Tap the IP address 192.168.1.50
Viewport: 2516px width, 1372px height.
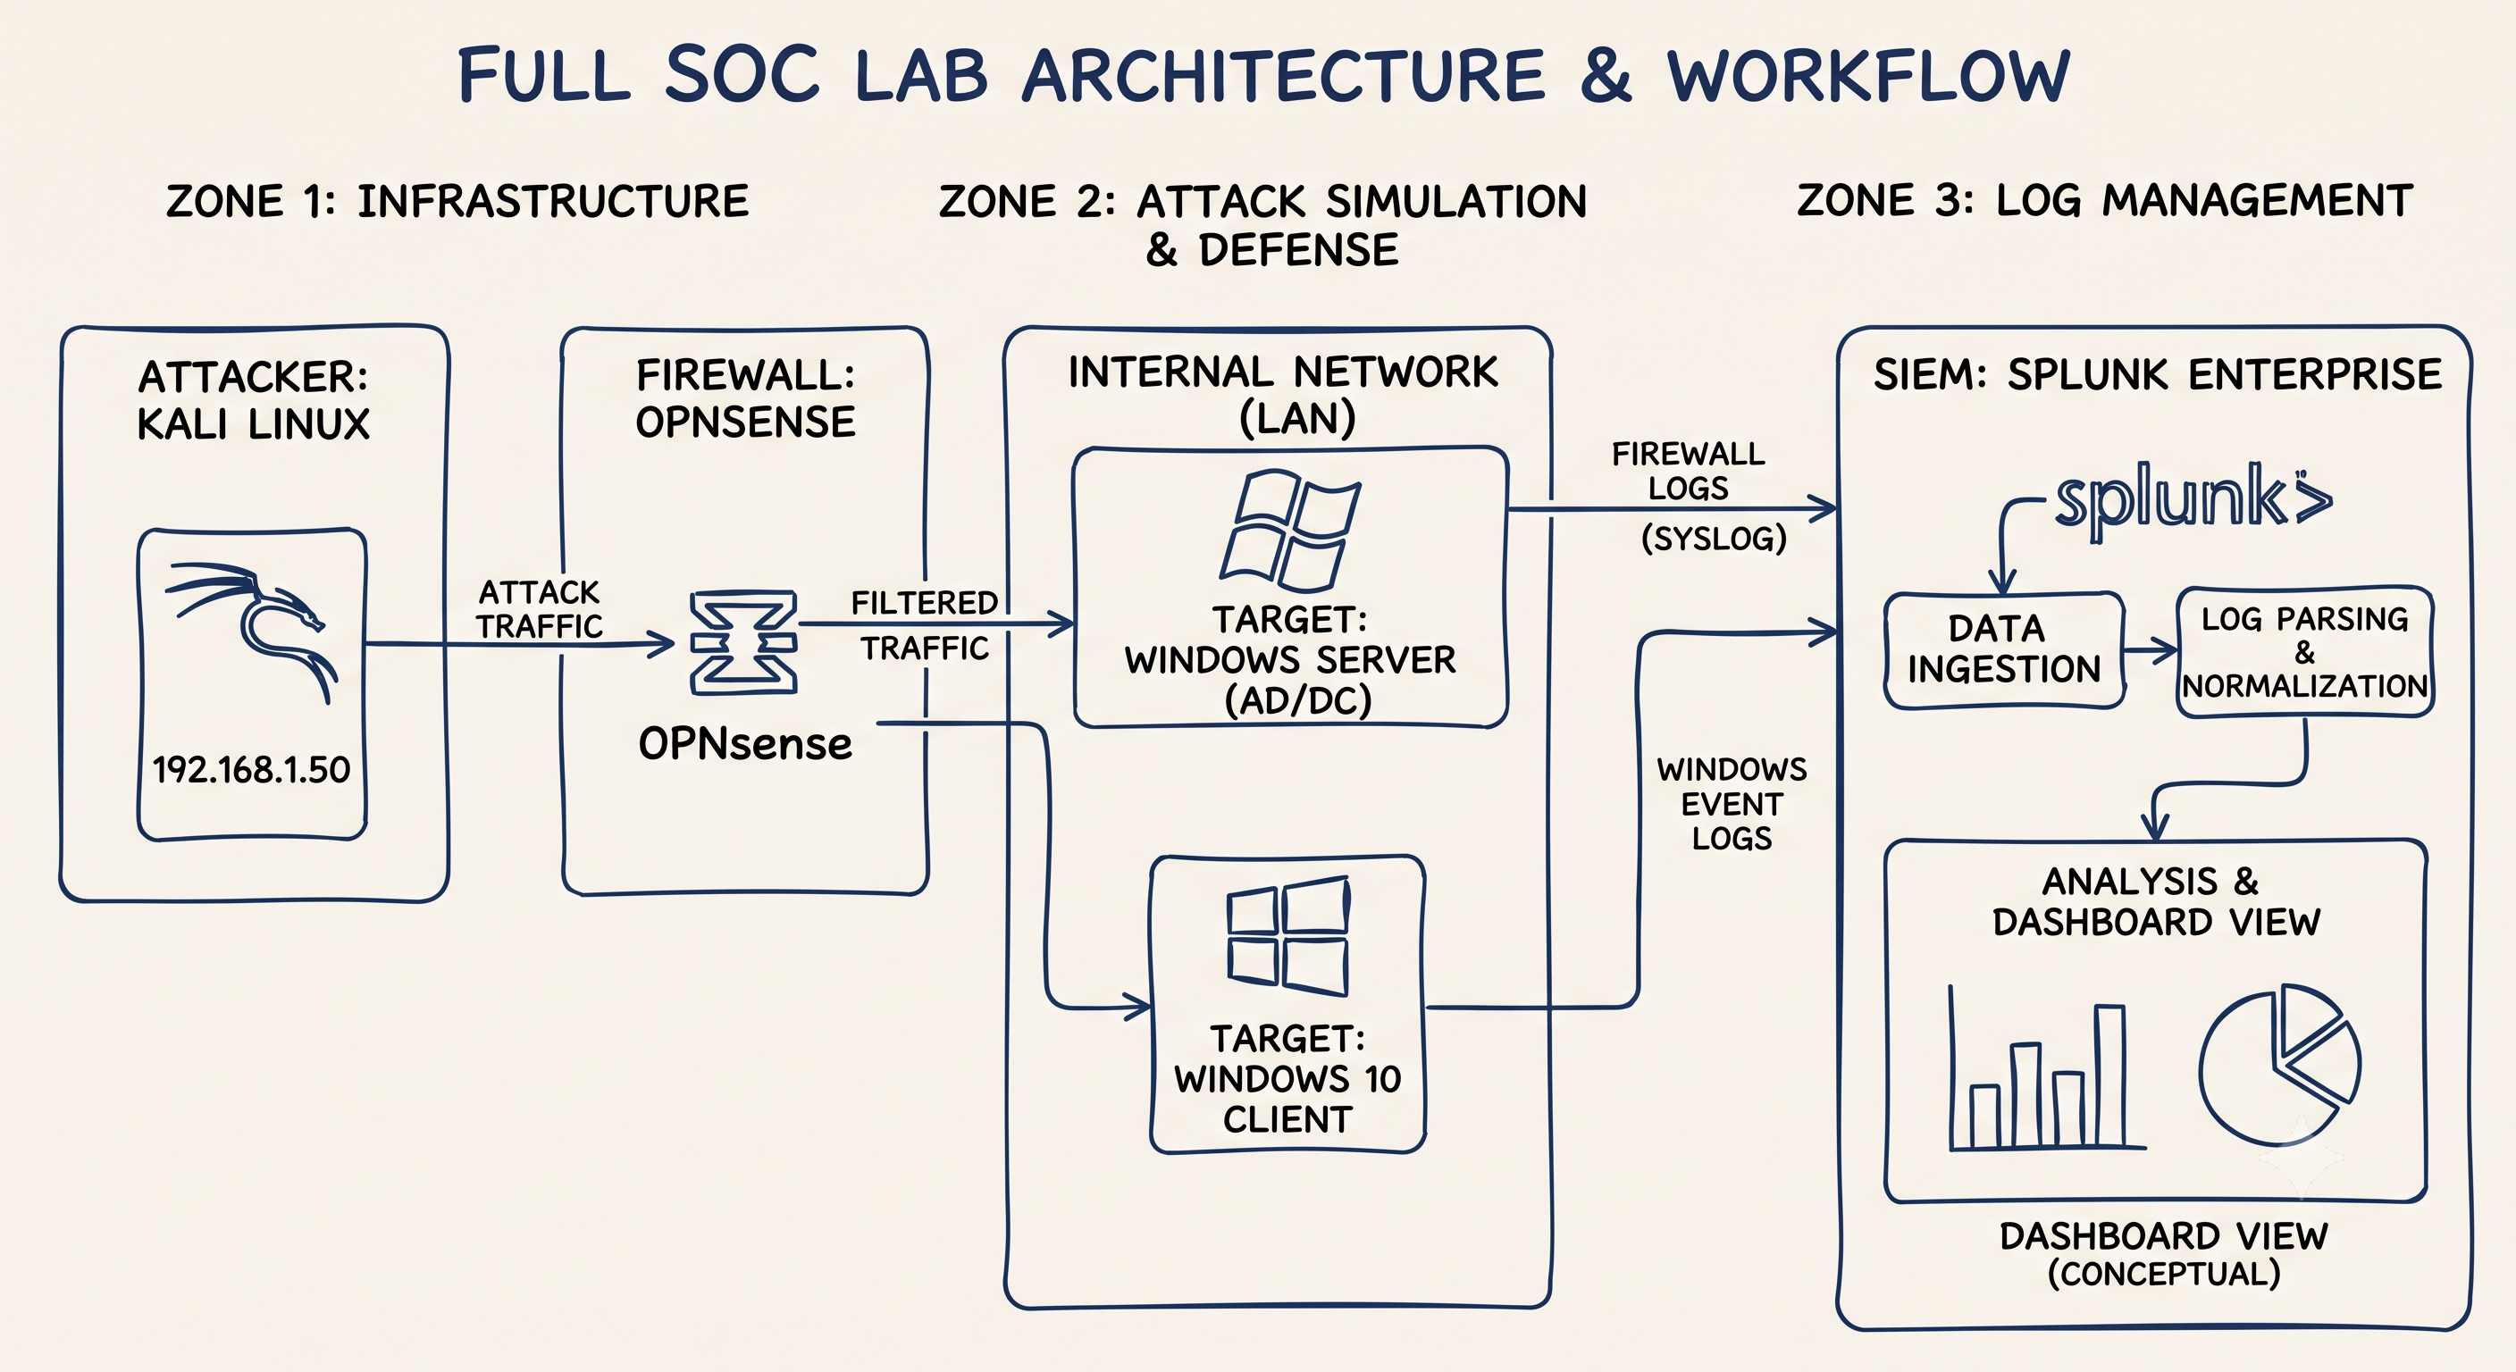251,769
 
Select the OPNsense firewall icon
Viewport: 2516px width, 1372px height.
743,641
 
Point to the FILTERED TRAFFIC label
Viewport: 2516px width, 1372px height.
924,625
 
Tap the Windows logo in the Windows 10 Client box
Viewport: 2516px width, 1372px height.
1288,935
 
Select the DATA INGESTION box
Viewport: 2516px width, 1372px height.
2004,649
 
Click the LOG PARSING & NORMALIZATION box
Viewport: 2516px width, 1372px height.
2305,651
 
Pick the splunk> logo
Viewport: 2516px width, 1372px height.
2193,501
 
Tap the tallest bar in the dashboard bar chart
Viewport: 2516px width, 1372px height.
2109,1075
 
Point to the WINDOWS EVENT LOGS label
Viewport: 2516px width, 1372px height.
1732,804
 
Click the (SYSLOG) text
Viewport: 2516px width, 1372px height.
1715,538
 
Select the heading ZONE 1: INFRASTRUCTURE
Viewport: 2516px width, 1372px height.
457,201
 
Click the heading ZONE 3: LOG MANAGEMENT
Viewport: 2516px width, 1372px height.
2105,200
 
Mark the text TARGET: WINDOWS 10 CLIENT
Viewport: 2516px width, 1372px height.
1288,1078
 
